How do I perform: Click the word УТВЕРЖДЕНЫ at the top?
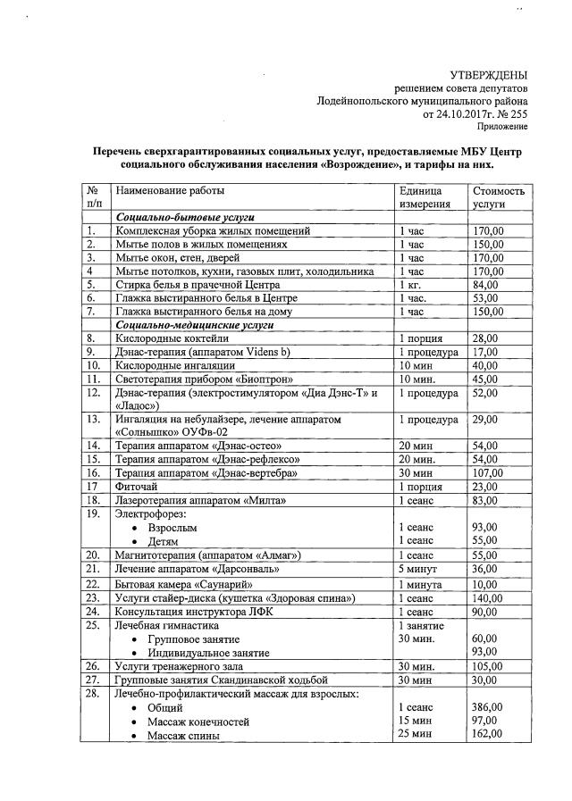tap(487, 75)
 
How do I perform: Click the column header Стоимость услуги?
tap(499, 197)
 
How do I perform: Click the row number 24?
tap(91, 612)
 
